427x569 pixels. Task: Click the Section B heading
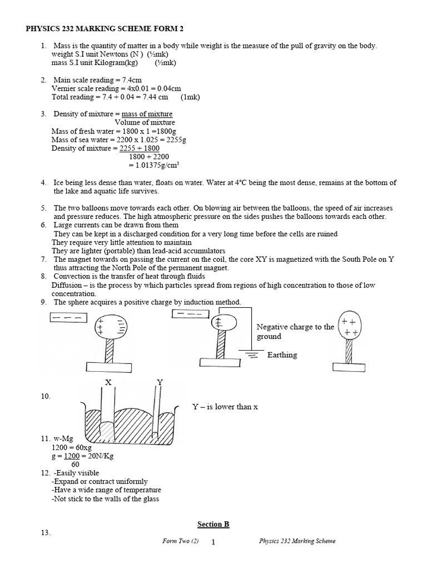pyautogui.click(x=213, y=524)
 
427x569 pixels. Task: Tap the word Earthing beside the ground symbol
pyautogui.click(x=282, y=355)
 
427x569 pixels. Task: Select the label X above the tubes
pyautogui.click(x=108, y=382)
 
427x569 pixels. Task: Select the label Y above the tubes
pyautogui.click(x=160, y=382)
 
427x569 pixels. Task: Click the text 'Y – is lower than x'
pyautogui.click(x=225, y=407)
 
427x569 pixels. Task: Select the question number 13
pyautogui.click(x=45, y=533)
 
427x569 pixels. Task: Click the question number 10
pyautogui.click(x=45, y=396)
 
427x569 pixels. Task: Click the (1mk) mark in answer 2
pyautogui.click(x=190, y=97)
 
